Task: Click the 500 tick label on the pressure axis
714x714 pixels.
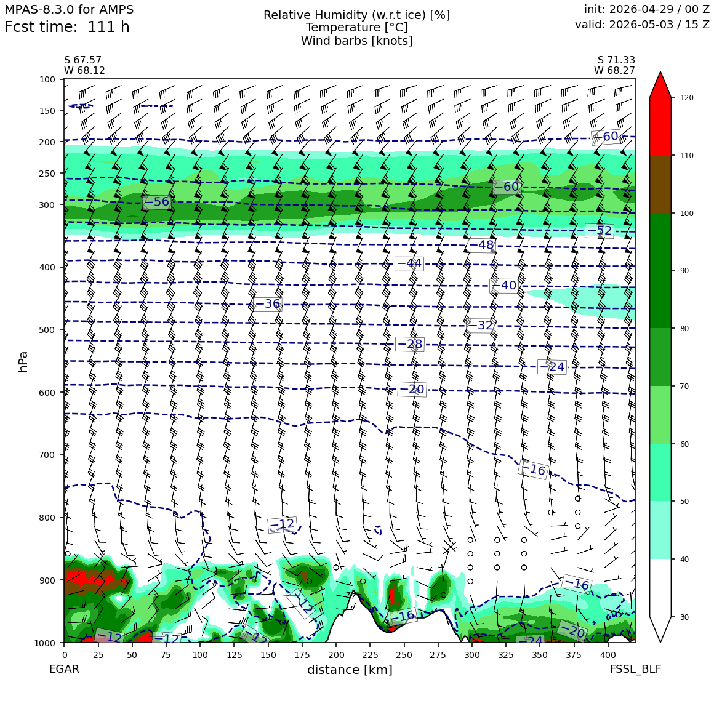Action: tap(47, 330)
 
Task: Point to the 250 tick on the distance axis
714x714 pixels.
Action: tap(404, 655)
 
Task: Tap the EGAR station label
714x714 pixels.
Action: tap(64, 669)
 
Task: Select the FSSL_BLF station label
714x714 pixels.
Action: tap(635, 669)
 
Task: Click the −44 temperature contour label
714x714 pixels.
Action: tap(409, 263)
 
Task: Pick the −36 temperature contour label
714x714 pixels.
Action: tap(267, 303)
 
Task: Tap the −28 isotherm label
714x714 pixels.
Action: tap(409, 344)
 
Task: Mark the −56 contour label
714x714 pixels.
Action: tap(156, 202)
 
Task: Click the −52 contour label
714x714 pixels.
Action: tap(600, 231)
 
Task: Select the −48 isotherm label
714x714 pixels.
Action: tap(481, 245)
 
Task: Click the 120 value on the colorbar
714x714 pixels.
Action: tap(687, 98)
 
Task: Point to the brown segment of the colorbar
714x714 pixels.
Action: tap(660, 184)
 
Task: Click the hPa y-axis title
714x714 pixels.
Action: tap(23, 362)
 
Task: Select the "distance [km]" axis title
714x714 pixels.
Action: tap(350, 670)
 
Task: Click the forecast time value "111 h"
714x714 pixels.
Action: tap(108, 27)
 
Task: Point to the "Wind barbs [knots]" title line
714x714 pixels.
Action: tap(356, 41)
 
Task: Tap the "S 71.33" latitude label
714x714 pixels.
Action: tap(616, 60)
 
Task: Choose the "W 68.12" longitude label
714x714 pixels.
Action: tap(85, 71)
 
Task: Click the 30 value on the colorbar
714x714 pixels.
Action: tap(684, 617)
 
